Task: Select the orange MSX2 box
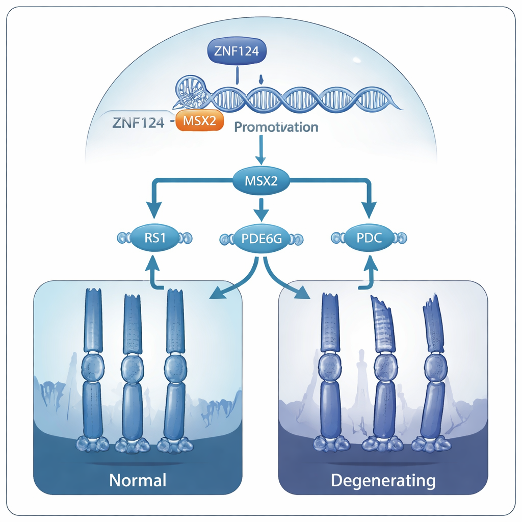[199, 122]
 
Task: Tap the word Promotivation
[276, 127]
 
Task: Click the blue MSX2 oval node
[262, 181]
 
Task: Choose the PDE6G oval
[261, 239]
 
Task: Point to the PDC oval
[369, 238]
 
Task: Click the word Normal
[138, 480]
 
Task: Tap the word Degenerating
[383, 480]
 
